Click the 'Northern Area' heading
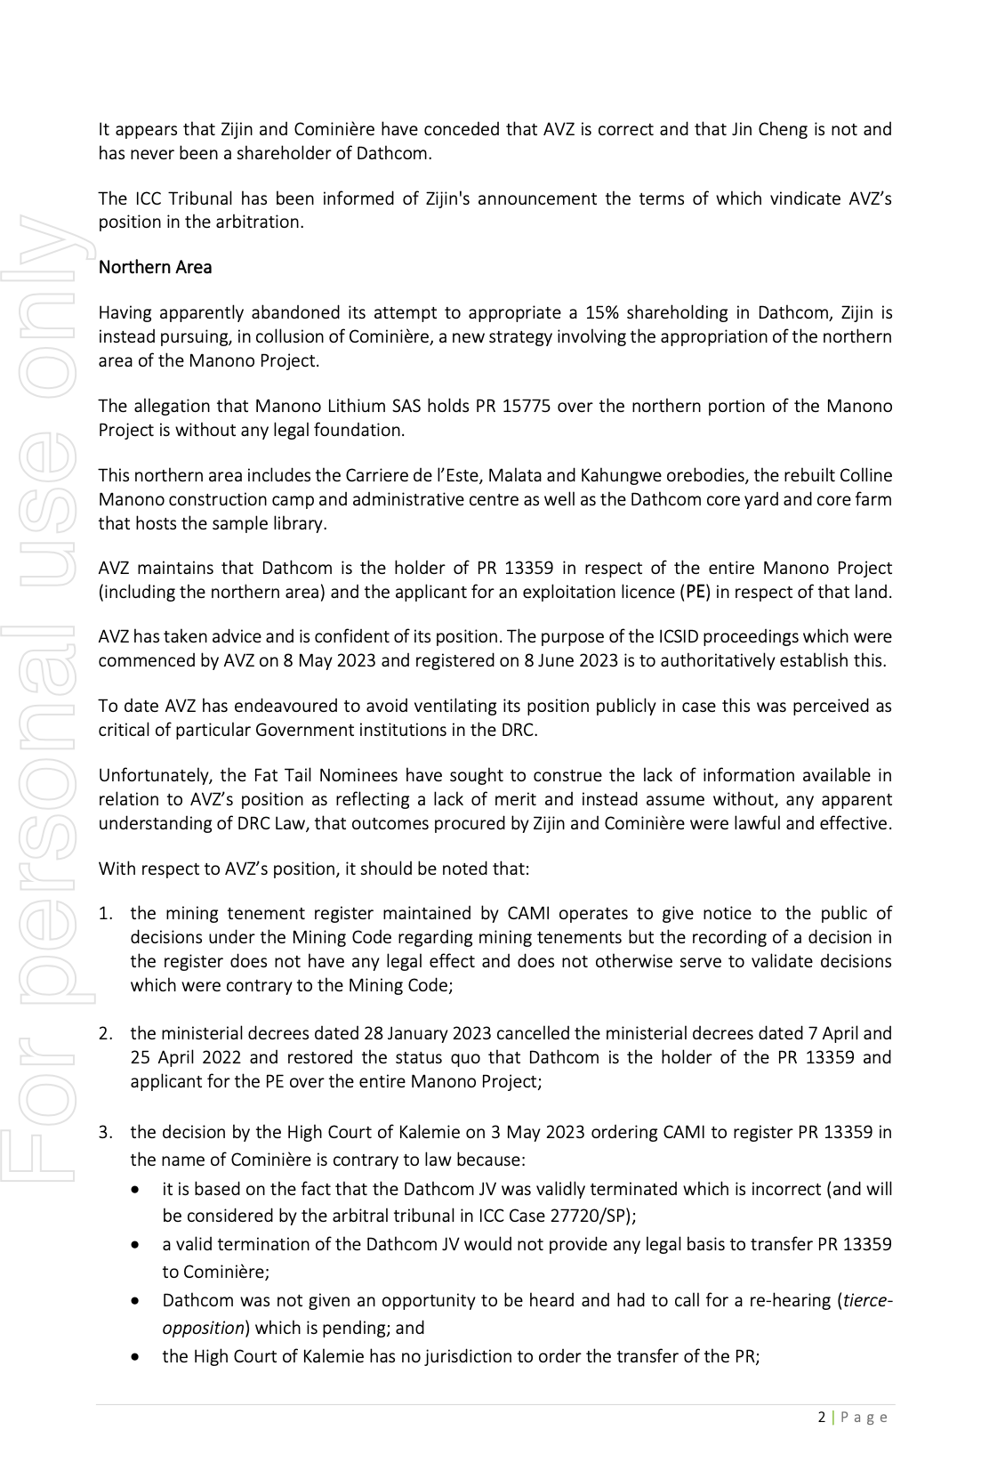tap(155, 267)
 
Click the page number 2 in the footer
tap(821, 1418)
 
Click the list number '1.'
tap(106, 913)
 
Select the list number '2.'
tap(106, 1033)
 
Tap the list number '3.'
tap(106, 1132)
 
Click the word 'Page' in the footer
tap(864, 1418)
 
